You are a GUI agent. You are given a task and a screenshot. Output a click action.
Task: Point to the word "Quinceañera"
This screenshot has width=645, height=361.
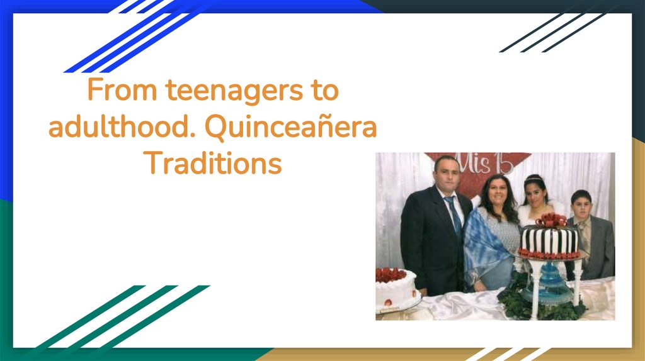pyautogui.click(x=290, y=128)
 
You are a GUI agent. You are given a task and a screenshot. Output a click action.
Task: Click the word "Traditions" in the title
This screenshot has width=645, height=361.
pyautogui.click(x=213, y=164)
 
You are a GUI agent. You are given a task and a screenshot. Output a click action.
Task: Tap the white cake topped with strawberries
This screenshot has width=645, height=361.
pyautogui.click(x=396, y=289)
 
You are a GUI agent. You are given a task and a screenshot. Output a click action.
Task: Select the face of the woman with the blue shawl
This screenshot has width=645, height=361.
pyautogui.click(x=496, y=191)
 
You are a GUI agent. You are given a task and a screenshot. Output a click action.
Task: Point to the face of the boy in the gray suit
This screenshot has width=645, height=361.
pyautogui.click(x=581, y=206)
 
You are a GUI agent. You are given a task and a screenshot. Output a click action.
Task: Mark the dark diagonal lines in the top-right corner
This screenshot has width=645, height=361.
pyautogui.click(x=554, y=31)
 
